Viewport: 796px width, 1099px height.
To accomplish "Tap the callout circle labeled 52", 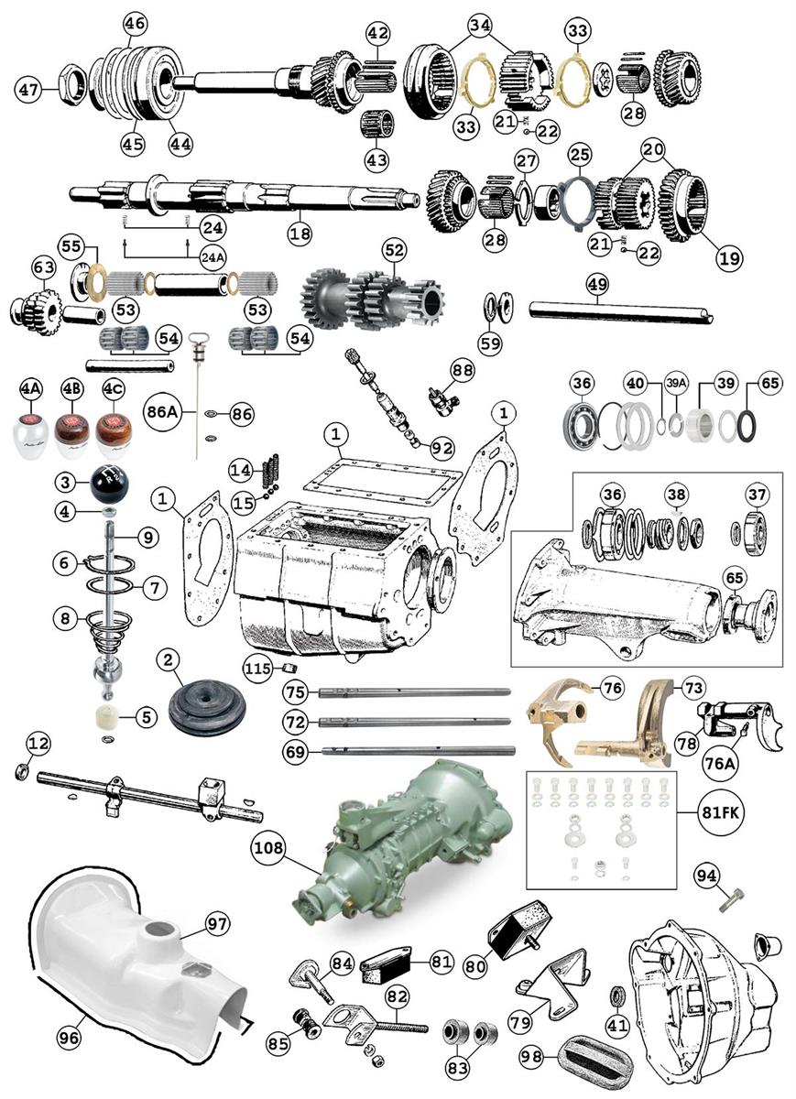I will pos(393,248).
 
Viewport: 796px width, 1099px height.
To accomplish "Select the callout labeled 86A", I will pos(164,413).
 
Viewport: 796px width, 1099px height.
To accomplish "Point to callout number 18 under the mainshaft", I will pos(300,234).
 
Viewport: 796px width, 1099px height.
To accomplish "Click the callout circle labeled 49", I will pos(596,286).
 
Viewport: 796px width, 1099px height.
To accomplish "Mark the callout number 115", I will pos(257,669).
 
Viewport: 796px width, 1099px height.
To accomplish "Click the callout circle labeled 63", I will pos(44,267).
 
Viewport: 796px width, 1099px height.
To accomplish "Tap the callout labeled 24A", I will pos(211,258).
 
